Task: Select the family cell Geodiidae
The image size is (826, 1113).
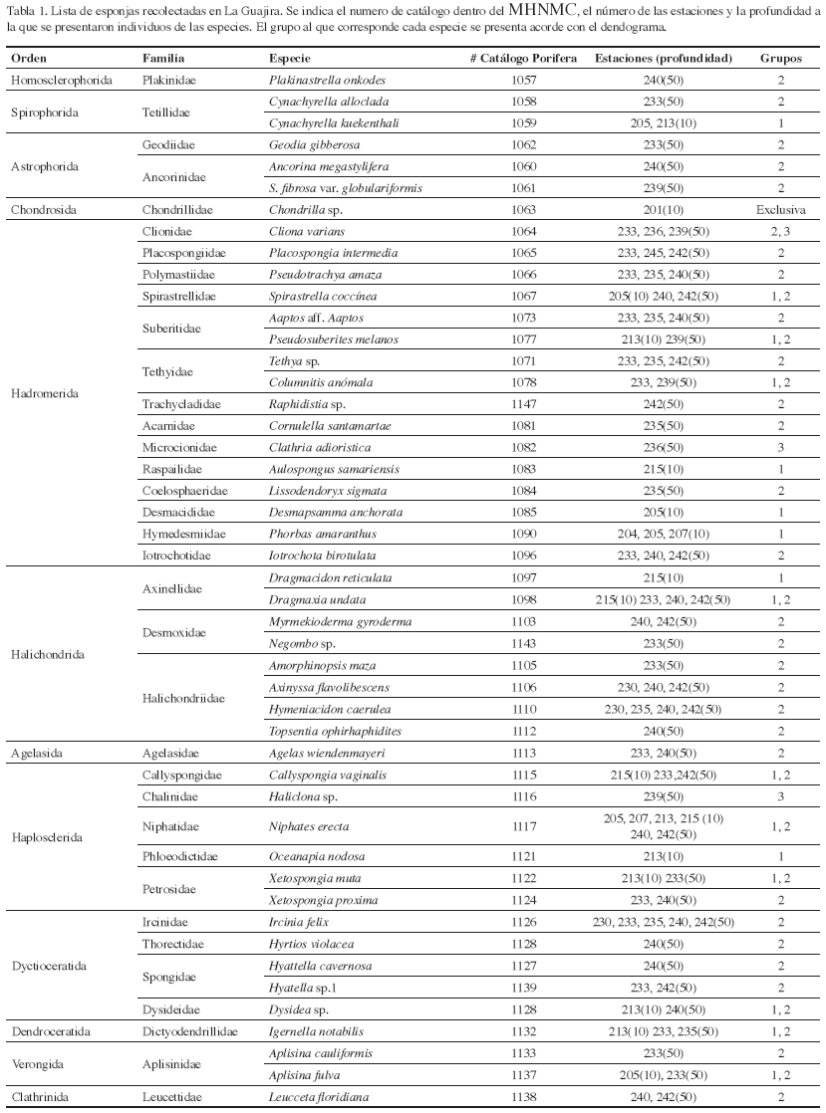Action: coord(168,144)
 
